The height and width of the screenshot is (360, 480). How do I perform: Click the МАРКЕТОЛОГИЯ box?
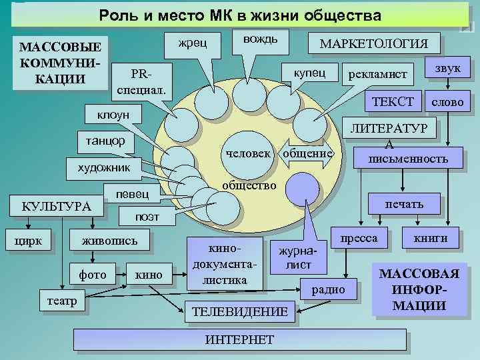(x=374, y=43)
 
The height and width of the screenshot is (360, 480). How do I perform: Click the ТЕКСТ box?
(x=392, y=101)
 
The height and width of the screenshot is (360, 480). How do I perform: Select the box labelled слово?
(x=451, y=103)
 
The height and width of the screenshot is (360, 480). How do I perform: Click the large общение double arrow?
(x=307, y=154)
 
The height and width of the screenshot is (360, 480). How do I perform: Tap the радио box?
(x=328, y=289)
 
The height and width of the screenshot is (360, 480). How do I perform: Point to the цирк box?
(x=33, y=238)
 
